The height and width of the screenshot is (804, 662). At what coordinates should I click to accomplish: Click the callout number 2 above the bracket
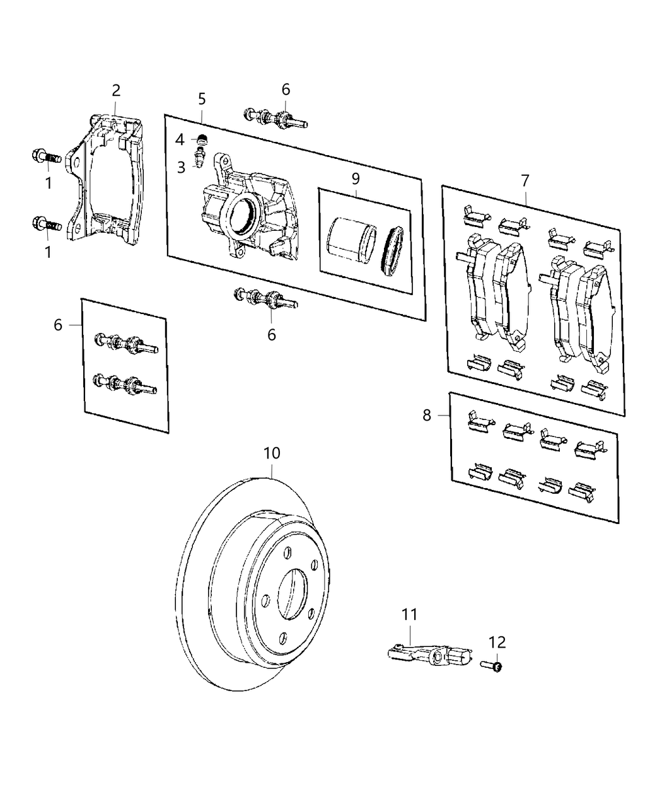point(116,90)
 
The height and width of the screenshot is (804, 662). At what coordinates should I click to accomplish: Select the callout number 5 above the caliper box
point(202,99)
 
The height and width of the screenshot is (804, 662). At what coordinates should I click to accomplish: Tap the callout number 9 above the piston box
point(356,178)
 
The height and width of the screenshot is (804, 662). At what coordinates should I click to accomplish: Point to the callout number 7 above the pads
point(525,181)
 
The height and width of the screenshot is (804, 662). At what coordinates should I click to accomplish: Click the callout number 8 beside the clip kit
point(427,416)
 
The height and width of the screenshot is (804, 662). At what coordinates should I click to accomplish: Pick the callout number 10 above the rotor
point(272,453)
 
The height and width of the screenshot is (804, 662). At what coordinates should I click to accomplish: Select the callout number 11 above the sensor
point(410,614)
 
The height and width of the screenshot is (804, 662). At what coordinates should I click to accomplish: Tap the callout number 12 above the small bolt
point(497,643)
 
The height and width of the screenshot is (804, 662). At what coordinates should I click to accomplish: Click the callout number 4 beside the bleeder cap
point(180,139)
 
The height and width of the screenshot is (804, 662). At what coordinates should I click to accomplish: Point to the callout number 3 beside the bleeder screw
point(181,167)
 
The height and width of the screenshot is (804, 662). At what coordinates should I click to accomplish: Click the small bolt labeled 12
point(492,665)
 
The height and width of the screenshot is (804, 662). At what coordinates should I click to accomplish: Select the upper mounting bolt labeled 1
point(47,156)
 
